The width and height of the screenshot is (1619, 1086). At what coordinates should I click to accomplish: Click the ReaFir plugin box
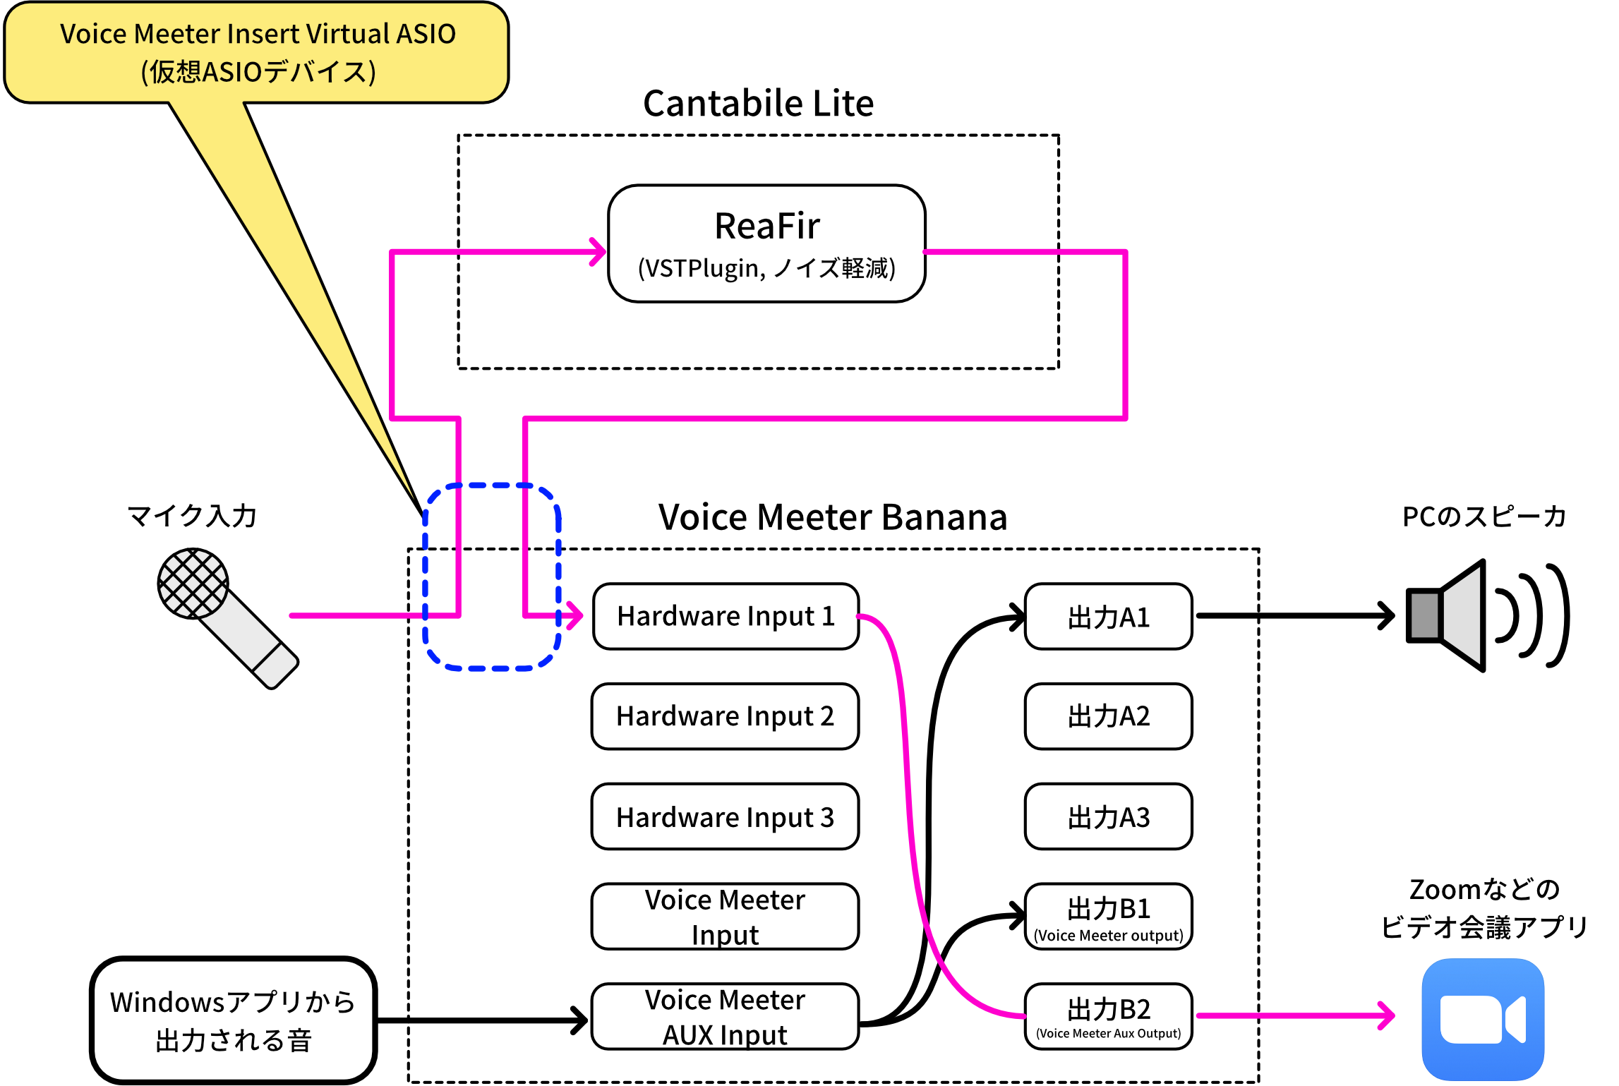pyautogui.click(x=766, y=243)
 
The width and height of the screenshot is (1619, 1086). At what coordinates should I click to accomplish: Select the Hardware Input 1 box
pyautogui.click(x=726, y=616)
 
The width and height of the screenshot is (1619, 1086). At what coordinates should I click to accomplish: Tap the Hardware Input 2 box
pyautogui.click(x=726, y=716)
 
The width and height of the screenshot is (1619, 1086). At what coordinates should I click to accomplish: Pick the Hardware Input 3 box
pyautogui.click(x=726, y=817)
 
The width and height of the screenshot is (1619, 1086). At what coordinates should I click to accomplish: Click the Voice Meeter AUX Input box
pyautogui.click(x=726, y=1017)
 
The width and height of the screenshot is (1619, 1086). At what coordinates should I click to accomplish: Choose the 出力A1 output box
pyautogui.click(x=1108, y=617)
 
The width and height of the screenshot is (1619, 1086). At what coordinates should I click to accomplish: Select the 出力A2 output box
pyautogui.click(x=1108, y=716)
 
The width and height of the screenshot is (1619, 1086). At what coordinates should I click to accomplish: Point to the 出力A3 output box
pyautogui.click(x=1108, y=817)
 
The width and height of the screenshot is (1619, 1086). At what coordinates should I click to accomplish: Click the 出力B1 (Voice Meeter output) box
pyautogui.click(x=1108, y=917)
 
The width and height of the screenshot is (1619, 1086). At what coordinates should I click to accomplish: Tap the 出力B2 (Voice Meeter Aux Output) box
pyautogui.click(x=1108, y=1017)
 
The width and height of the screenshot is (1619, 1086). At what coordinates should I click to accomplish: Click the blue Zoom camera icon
pyautogui.click(x=1483, y=1019)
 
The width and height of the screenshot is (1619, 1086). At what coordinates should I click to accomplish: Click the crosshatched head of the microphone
pyautogui.click(x=193, y=584)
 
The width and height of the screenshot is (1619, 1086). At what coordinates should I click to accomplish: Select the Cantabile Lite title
pyautogui.click(x=758, y=104)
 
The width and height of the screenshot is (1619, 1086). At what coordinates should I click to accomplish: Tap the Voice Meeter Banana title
pyautogui.click(x=833, y=517)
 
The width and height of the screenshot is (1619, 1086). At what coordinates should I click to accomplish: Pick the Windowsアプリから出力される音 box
pyautogui.click(x=233, y=1020)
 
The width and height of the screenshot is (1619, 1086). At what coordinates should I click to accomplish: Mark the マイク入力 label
pyautogui.click(x=192, y=516)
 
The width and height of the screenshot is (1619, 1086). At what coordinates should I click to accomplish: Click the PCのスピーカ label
pyautogui.click(x=1483, y=517)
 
